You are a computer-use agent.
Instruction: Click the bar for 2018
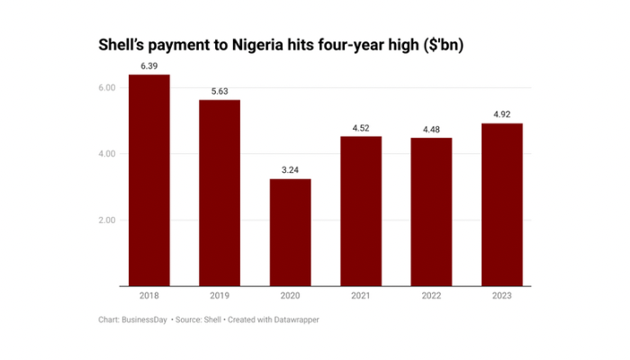pyautogui.click(x=149, y=180)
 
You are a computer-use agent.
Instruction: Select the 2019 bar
pyautogui.click(x=220, y=193)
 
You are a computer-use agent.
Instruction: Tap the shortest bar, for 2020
pyautogui.click(x=290, y=232)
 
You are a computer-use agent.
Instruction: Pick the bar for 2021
pyautogui.click(x=360, y=211)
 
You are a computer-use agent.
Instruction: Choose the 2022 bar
pyautogui.click(x=430, y=211)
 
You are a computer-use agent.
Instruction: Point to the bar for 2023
pyautogui.click(x=500, y=204)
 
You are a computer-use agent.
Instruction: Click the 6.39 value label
pyautogui.click(x=149, y=67)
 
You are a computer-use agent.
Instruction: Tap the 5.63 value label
pyautogui.click(x=220, y=92)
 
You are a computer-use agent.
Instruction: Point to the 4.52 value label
pyautogui.click(x=360, y=129)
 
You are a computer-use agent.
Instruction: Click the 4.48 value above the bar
pyautogui.click(x=430, y=130)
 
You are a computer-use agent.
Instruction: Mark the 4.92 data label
pyautogui.click(x=500, y=115)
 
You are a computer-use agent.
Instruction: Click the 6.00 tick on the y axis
pyautogui.click(x=107, y=87)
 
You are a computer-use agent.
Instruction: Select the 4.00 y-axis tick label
pyautogui.click(x=107, y=154)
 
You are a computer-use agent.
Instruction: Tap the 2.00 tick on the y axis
pyautogui.click(x=107, y=220)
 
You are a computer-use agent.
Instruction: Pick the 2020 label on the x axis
pyautogui.click(x=290, y=296)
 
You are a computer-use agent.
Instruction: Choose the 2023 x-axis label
pyautogui.click(x=500, y=296)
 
